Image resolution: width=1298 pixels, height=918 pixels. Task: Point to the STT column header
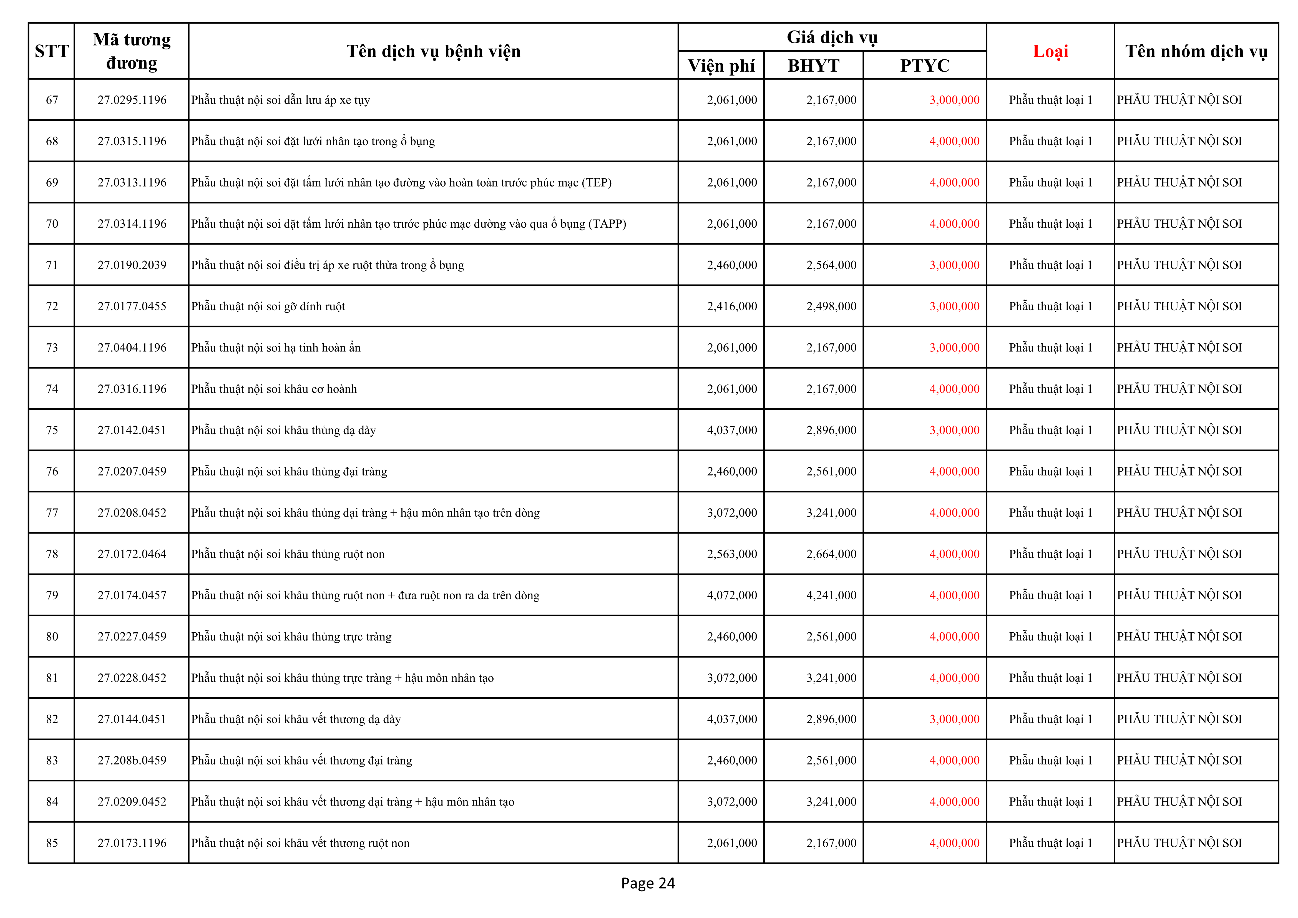pyautogui.click(x=51, y=51)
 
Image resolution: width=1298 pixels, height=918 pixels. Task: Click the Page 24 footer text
pyautogui.click(x=648, y=883)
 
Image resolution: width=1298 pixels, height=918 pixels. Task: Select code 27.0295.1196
pyautogui.click(x=132, y=100)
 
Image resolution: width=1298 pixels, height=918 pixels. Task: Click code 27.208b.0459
pyautogui.click(x=132, y=760)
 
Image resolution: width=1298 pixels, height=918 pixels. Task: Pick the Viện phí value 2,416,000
pyautogui.click(x=731, y=306)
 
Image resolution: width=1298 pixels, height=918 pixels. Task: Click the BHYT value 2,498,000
pyautogui.click(x=831, y=306)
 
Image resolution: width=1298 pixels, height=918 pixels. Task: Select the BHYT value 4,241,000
pyautogui.click(x=831, y=595)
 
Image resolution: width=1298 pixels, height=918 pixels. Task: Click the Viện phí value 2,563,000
pyautogui.click(x=731, y=554)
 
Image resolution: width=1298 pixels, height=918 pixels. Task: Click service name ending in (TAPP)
pyautogui.click(x=408, y=224)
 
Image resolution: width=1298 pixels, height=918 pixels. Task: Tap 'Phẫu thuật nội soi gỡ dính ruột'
pyautogui.click(x=268, y=306)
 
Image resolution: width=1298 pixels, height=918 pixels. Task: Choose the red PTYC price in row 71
pyautogui.click(x=954, y=265)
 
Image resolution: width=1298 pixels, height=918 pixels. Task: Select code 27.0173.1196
pyautogui.click(x=132, y=843)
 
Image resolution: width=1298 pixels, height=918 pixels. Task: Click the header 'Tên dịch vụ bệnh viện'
pyautogui.click(x=433, y=51)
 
